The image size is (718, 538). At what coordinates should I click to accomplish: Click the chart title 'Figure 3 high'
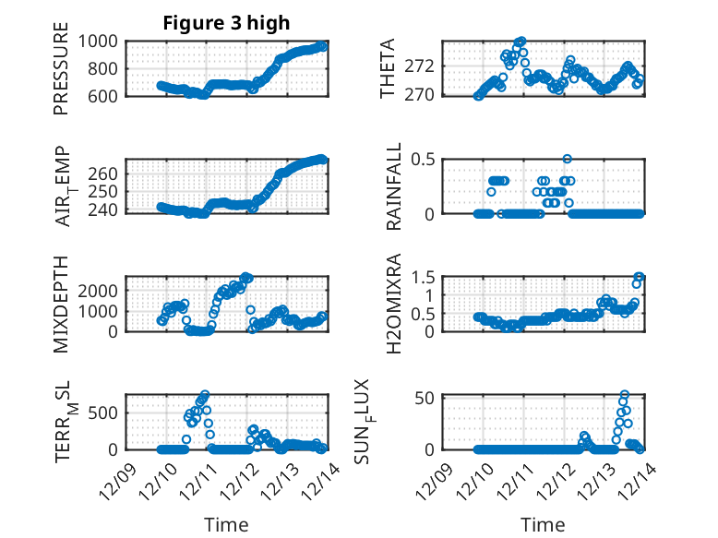[226, 23]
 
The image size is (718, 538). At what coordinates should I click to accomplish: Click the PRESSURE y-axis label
[61, 74]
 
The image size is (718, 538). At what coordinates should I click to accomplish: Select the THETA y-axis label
[389, 68]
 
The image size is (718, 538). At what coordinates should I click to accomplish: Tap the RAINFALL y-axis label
[394, 187]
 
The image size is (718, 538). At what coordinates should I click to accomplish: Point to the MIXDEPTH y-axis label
[61, 305]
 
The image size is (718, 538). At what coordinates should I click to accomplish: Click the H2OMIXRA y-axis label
[394, 305]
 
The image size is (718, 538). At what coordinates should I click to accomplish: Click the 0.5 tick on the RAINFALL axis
[423, 159]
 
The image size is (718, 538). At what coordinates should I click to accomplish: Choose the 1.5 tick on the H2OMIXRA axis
[423, 277]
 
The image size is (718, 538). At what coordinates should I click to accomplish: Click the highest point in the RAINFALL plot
[567, 159]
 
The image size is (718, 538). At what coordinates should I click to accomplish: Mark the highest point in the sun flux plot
[625, 394]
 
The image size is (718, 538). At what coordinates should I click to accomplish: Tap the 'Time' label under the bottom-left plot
[226, 524]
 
